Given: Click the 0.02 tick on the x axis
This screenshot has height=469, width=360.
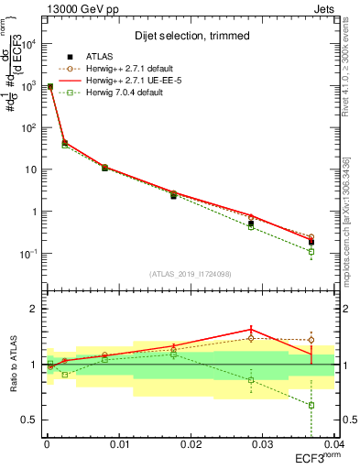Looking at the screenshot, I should point(191,443).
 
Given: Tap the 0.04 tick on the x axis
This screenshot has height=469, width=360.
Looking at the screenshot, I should point(333,443).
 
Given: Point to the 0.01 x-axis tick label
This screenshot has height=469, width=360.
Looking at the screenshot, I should point(118,443).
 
